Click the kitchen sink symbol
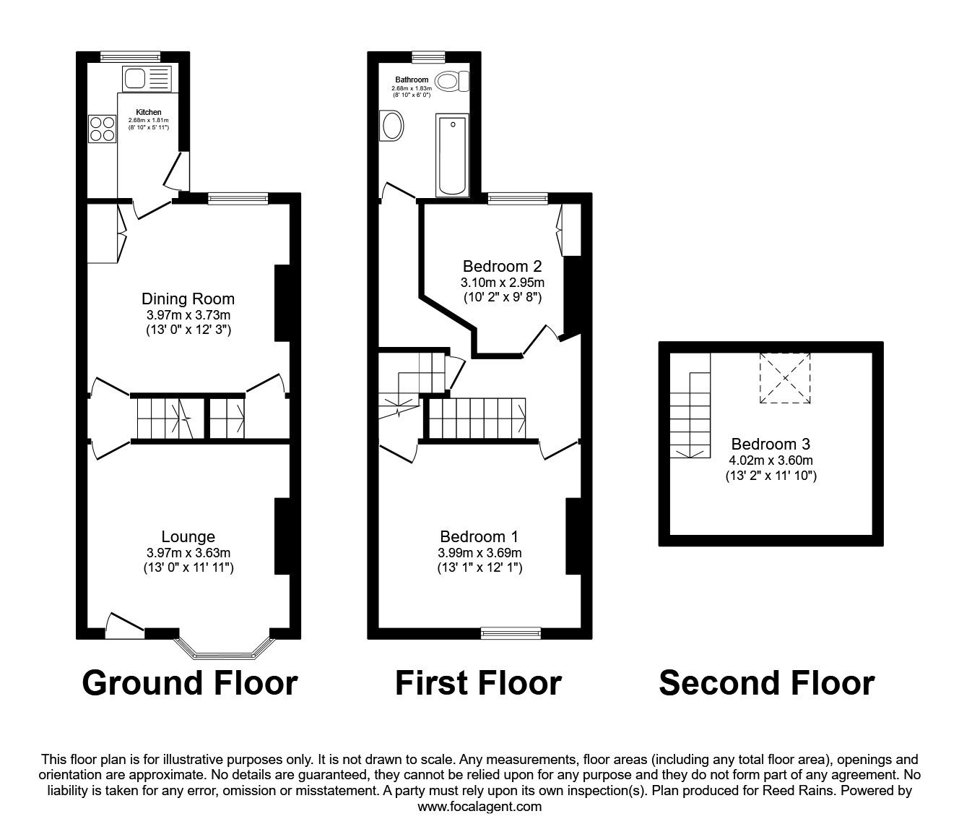(147, 78)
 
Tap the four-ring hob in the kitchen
(102, 129)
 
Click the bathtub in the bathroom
(453, 153)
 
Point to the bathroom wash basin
(393, 126)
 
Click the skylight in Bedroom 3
(784, 378)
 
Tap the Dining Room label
(188, 299)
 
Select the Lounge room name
(188, 536)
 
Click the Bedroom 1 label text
(479, 536)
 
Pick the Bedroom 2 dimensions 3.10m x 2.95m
(503, 282)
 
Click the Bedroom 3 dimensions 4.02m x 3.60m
(771, 460)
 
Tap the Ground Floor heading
(189, 682)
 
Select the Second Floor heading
(766, 682)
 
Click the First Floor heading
(478, 682)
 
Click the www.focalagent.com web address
(479, 807)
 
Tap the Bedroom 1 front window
(511, 634)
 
